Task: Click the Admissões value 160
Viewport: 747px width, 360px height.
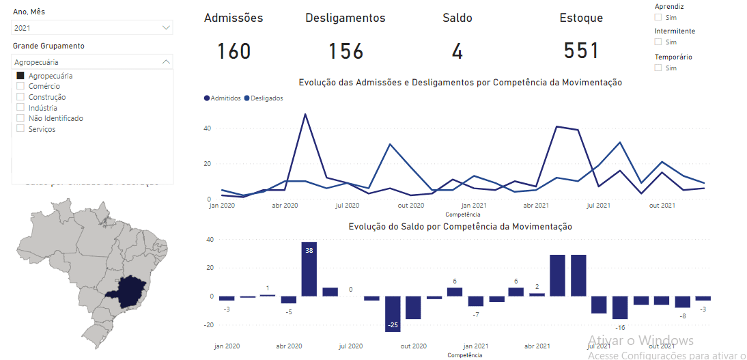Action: [234, 51]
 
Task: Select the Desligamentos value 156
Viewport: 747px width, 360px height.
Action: [346, 51]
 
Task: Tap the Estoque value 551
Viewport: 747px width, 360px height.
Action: [581, 51]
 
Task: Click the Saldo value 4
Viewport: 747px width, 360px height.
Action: [457, 51]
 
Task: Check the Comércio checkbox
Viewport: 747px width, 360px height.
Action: [20, 86]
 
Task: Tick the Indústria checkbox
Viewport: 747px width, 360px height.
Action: [20, 107]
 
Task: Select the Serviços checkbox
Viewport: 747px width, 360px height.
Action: [20, 128]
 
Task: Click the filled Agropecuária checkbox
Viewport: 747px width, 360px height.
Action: [20, 76]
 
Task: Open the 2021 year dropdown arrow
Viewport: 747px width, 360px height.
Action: [166, 28]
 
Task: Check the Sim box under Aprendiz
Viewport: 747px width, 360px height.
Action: [658, 17]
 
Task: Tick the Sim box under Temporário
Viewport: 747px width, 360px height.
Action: [658, 68]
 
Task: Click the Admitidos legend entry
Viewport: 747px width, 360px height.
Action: [223, 98]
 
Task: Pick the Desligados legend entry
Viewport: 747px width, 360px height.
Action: [264, 98]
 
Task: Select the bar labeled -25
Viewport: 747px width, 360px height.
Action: [392, 314]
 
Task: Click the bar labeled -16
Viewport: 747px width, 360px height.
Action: [619, 307]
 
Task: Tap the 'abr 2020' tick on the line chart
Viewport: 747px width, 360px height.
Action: [285, 205]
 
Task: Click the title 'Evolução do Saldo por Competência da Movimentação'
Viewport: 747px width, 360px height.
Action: [460, 226]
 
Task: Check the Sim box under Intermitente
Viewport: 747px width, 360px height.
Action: [658, 42]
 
